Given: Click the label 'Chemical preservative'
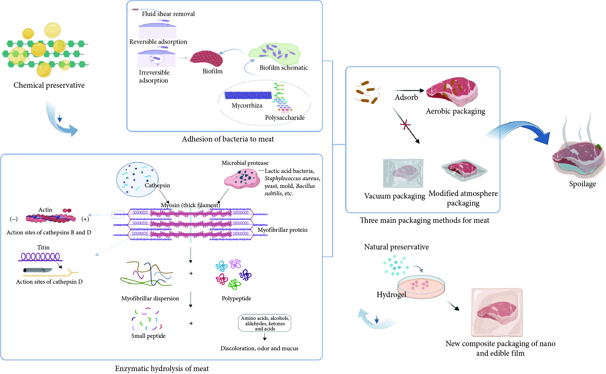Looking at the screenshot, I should coord(49,85).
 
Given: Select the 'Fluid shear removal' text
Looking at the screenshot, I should coord(168,14).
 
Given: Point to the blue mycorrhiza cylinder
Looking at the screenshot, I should coord(248,95).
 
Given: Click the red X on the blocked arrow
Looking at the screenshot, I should coord(405,124).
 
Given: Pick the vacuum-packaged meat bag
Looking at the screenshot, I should coord(403,173).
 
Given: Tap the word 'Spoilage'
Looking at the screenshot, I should coord(582,184).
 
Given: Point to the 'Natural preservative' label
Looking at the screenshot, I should coord(396,247).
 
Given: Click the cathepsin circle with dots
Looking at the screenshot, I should coord(137,179).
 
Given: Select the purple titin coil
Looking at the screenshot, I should coord(40,257).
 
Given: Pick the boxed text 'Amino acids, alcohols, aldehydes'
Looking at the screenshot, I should coord(265,323).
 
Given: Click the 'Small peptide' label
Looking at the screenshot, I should coord(148,336).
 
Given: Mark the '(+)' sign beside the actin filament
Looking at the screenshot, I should coord(85,219).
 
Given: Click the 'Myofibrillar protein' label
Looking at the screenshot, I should coord(282,230).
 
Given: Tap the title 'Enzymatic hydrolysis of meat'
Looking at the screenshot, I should coord(162,369).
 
